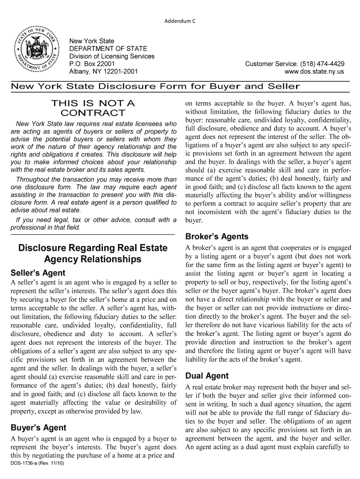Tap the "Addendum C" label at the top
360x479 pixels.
click(180, 22)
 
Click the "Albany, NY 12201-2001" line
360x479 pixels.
click(103, 72)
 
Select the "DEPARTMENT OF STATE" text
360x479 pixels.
click(108, 49)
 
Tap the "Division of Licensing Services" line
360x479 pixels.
click(112, 56)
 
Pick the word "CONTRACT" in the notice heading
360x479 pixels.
click(93, 113)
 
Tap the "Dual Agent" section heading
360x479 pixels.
click(207, 376)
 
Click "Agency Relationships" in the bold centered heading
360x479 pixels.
click(93, 259)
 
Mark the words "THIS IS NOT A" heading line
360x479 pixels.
click(93, 103)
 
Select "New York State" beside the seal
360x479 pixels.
click(92, 42)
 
